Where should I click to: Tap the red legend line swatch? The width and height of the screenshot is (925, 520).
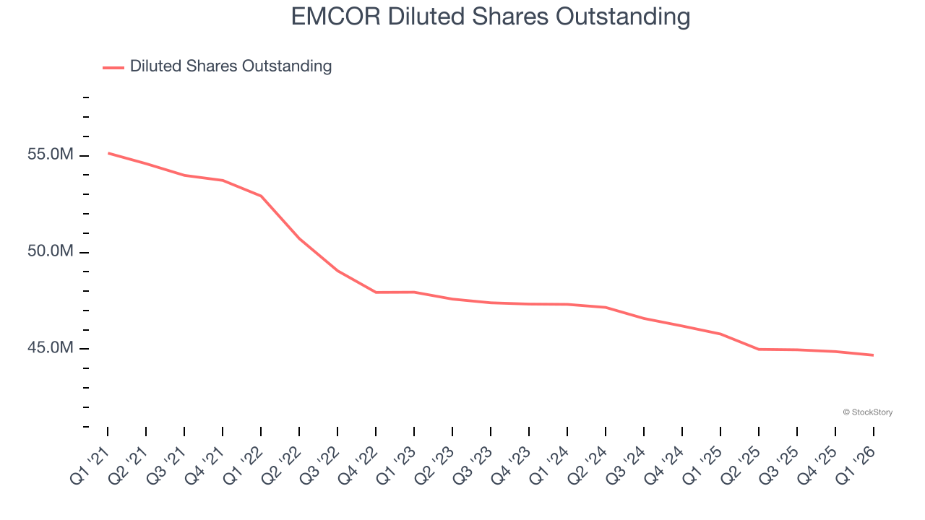[113, 67]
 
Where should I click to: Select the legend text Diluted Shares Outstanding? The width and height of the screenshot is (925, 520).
[231, 66]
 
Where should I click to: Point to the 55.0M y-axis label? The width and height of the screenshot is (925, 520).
[51, 155]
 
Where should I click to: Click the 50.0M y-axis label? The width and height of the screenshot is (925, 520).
[51, 252]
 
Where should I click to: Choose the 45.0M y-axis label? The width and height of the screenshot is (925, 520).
[51, 348]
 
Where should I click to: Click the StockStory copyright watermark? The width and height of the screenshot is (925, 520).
[867, 412]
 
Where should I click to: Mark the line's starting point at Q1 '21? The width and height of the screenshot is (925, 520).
[108, 153]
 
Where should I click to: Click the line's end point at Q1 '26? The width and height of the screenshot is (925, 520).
[873, 355]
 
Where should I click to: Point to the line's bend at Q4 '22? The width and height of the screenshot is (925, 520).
[376, 292]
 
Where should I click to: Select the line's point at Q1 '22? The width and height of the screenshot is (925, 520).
[261, 196]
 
